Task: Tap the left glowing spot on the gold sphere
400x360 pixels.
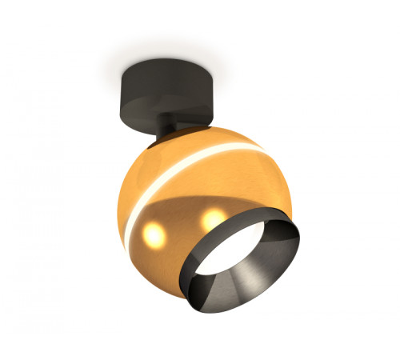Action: click(x=155, y=235)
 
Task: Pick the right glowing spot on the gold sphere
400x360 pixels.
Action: click(x=213, y=217)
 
